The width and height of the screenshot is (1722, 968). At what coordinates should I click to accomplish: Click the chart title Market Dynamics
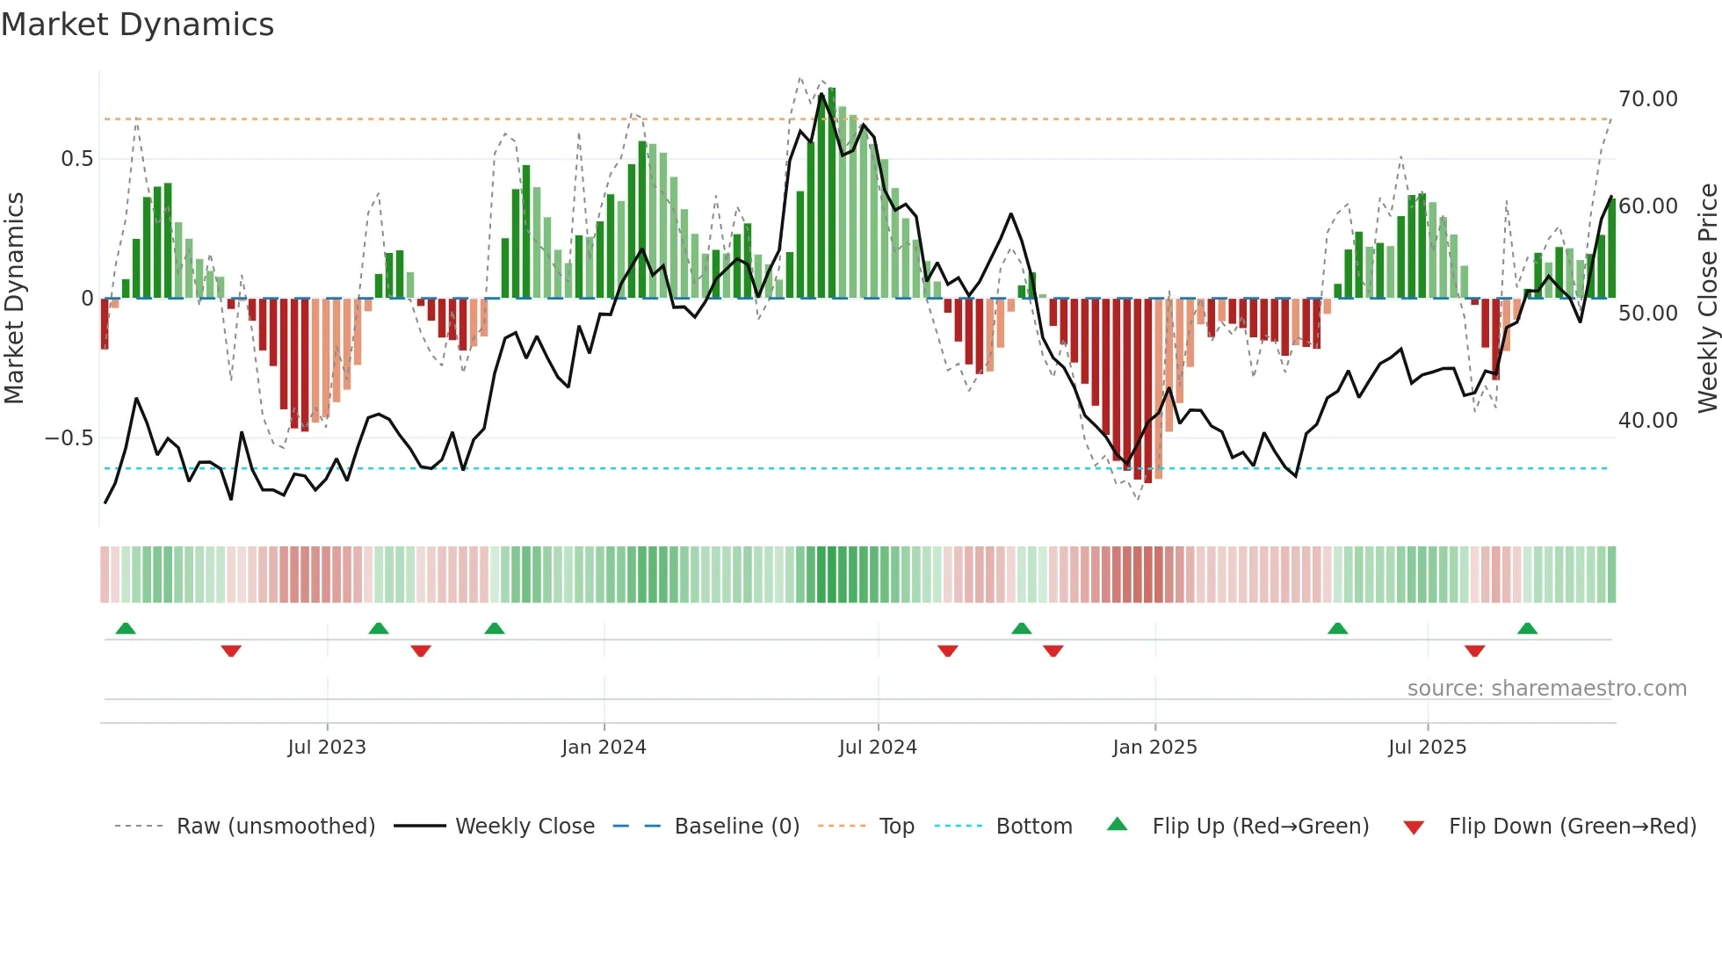[137, 25]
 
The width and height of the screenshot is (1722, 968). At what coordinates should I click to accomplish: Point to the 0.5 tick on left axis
[76, 159]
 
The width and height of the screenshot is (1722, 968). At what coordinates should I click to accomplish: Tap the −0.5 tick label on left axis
[69, 437]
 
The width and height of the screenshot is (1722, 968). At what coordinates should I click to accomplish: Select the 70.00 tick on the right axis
[1648, 99]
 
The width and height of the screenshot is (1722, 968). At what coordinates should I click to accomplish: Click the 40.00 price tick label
[1648, 421]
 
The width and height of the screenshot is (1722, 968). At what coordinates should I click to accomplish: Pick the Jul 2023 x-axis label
[327, 748]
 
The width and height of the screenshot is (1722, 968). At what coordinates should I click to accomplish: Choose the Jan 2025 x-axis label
[1154, 748]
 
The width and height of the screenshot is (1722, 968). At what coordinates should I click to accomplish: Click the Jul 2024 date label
[878, 748]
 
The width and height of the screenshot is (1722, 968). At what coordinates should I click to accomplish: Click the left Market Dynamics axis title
[14, 299]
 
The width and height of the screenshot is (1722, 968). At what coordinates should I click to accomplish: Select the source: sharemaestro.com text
[1546, 689]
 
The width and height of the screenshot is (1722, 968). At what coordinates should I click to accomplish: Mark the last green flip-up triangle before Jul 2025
[1337, 628]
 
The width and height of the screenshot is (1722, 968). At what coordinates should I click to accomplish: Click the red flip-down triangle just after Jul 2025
[1474, 651]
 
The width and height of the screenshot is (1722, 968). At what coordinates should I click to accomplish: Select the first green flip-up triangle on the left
[126, 628]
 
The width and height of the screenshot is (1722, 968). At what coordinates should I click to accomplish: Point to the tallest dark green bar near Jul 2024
[831, 193]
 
